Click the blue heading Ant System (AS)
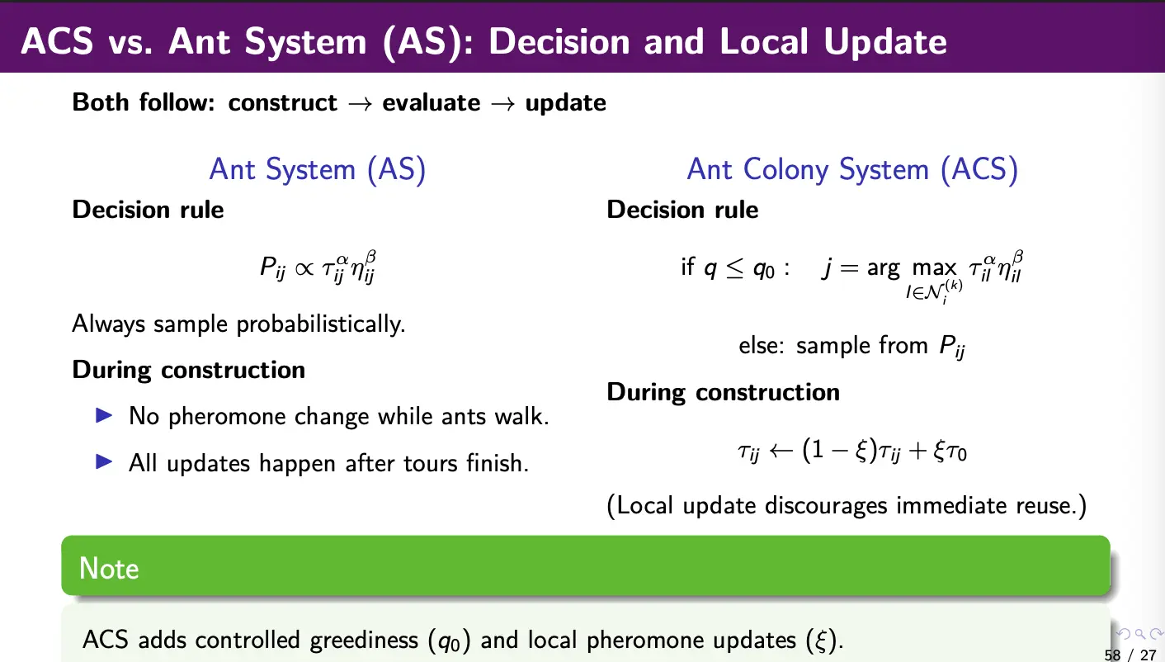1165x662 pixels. point(318,170)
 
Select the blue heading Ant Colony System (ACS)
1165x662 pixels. point(852,170)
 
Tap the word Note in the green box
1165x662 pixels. point(109,568)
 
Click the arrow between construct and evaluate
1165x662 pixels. point(360,103)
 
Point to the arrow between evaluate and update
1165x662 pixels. point(503,103)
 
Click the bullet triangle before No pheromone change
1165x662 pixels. point(105,415)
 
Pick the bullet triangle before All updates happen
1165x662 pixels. point(105,461)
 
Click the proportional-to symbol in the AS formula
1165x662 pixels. point(304,268)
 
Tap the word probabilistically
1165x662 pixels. point(320,324)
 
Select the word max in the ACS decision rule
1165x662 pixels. point(934,268)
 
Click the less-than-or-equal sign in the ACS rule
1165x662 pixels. point(735,268)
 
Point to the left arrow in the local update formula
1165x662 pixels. point(781,450)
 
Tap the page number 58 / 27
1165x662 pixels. point(1130,655)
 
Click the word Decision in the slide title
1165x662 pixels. point(559,41)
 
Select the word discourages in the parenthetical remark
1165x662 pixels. point(826,506)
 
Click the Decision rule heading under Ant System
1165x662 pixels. point(148,210)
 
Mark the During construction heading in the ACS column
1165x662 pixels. point(723,392)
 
